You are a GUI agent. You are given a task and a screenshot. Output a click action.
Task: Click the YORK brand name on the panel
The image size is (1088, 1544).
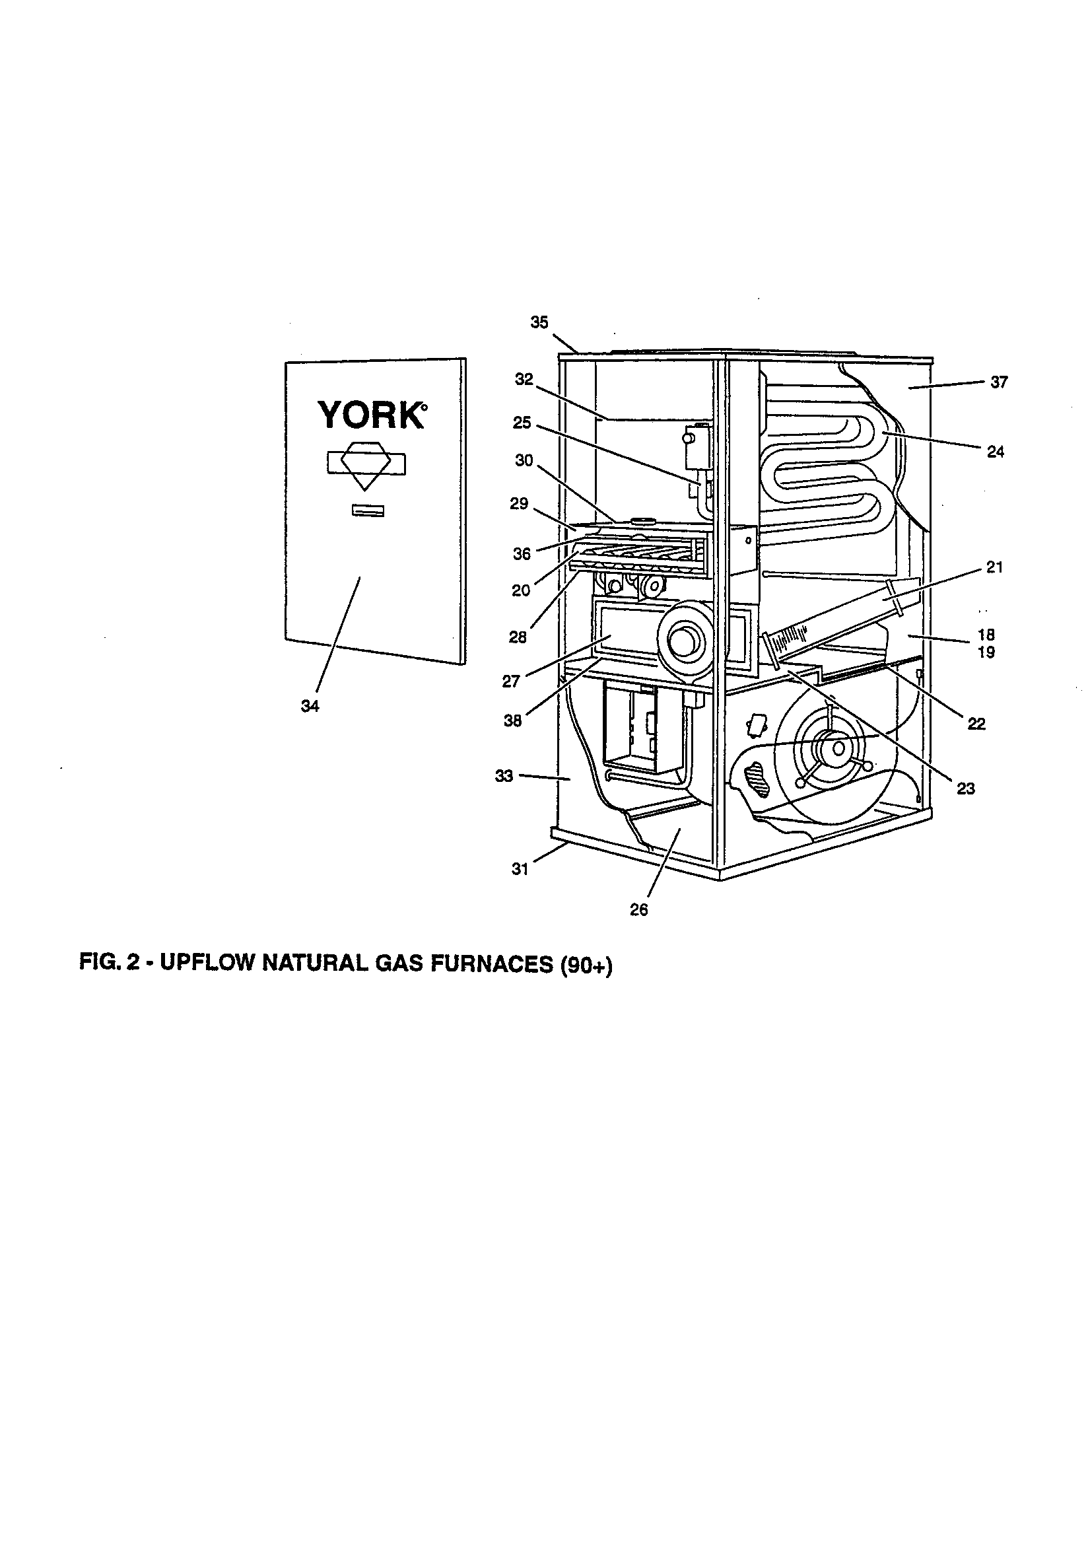click(x=370, y=415)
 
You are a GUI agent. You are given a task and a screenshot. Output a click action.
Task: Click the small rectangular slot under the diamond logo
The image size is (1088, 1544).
click(x=368, y=511)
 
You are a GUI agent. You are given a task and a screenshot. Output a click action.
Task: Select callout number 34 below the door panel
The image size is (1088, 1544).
click(x=310, y=707)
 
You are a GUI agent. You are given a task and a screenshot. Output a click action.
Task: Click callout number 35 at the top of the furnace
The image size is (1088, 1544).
click(x=539, y=323)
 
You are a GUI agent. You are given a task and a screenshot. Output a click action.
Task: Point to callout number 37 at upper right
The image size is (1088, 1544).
click(x=999, y=382)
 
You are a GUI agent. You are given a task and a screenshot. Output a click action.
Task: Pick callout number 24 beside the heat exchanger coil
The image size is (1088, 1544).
click(x=995, y=452)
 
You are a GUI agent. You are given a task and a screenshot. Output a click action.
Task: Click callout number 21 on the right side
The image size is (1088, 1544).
click(x=994, y=567)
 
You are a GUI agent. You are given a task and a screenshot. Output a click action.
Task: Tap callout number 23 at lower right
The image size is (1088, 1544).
click(x=966, y=788)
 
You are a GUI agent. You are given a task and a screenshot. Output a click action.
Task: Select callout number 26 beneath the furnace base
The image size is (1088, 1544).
click(x=639, y=910)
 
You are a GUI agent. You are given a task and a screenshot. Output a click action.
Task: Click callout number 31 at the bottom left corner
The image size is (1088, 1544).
click(x=520, y=869)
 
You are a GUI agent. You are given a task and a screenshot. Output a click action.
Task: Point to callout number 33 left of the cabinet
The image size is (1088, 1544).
click(x=504, y=776)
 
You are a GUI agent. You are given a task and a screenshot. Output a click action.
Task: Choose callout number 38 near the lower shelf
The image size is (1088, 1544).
click(x=512, y=722)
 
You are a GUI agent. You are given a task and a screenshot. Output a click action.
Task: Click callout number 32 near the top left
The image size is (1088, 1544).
click(x=524, y=380)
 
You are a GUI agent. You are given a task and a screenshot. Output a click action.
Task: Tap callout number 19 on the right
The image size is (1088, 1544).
click(x=986, y=652)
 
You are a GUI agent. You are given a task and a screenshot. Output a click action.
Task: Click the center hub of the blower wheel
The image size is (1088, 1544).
click(x=838, y=747)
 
